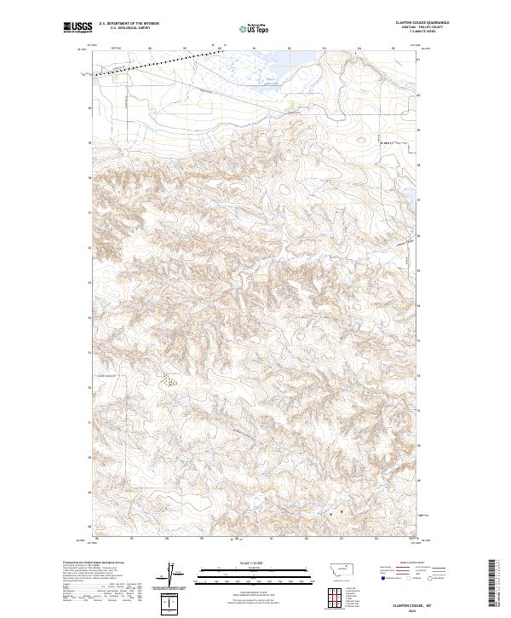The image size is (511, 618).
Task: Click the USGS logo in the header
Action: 77,27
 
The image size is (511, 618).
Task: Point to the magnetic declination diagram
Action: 175,573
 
